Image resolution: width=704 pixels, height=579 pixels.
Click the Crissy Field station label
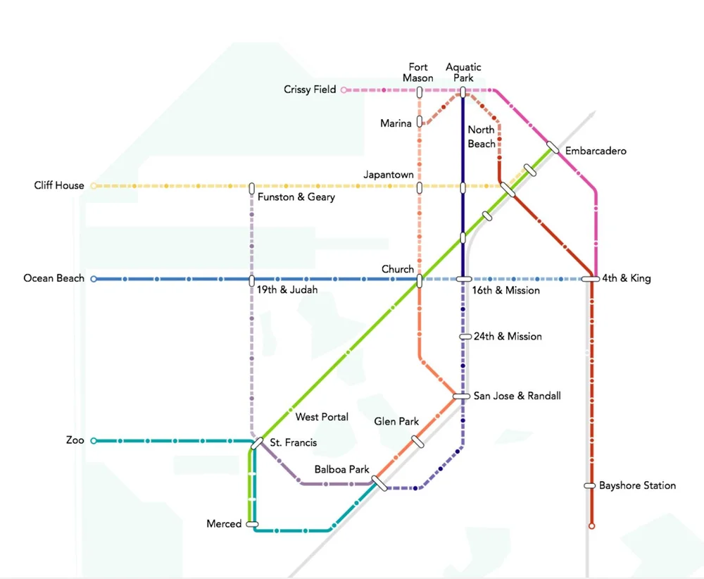click(x=310, y=89)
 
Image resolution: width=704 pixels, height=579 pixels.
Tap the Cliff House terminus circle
click(x=94, y=186)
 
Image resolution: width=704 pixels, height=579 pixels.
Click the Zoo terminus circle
click(x=94, y=441)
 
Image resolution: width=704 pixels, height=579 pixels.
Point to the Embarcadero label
click(x=596, y=151)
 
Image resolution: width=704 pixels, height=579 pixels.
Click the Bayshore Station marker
click(x=590, y=485)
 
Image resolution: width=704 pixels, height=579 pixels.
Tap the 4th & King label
click(x=626, y=278)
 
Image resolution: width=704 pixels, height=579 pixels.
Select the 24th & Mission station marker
click(x=465, y=337)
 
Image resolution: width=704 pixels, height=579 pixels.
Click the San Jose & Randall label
click(x=517, y=396)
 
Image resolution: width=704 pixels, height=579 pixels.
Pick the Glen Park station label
click(x=396, y=421)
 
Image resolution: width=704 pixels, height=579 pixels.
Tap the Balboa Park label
click(x=342, y=469)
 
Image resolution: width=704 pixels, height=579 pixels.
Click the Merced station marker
click(x=252, y=524)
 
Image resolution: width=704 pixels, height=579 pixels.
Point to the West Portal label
click(x=322, y=417)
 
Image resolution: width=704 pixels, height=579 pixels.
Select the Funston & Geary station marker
click(x=251, y=188)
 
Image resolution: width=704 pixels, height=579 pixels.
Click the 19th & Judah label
click(x=282, y=290)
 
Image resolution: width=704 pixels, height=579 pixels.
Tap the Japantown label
click(x=389, y=174)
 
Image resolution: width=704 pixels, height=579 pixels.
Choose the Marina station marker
click(x=420, y=121)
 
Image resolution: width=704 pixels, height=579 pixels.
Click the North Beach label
click(x=482, y=137)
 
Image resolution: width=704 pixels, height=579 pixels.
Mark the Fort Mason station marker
click(x=420, y=92)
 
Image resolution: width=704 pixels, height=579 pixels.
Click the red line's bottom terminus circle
click(x=591, y=525)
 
